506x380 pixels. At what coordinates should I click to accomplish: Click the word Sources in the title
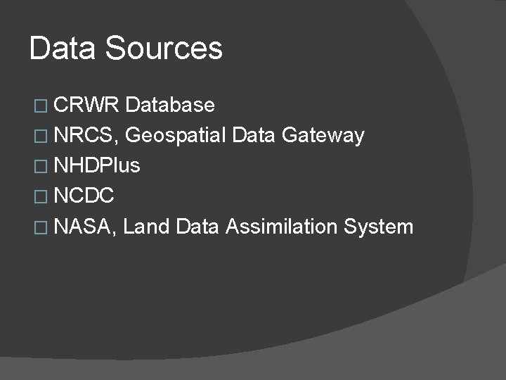click(x=163, y=49)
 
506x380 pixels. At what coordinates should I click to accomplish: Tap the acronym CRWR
click(x=88, y=106)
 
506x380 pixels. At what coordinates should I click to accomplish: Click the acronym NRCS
click(x=88, y=136)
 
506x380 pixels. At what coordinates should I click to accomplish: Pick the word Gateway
click(x=323, y=136)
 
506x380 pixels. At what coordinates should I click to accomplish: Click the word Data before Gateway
click(x=254, y=136)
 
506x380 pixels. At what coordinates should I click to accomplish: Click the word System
click(x=379, y=227)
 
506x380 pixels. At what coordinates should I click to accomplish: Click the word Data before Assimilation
click(x=199, y=227)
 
